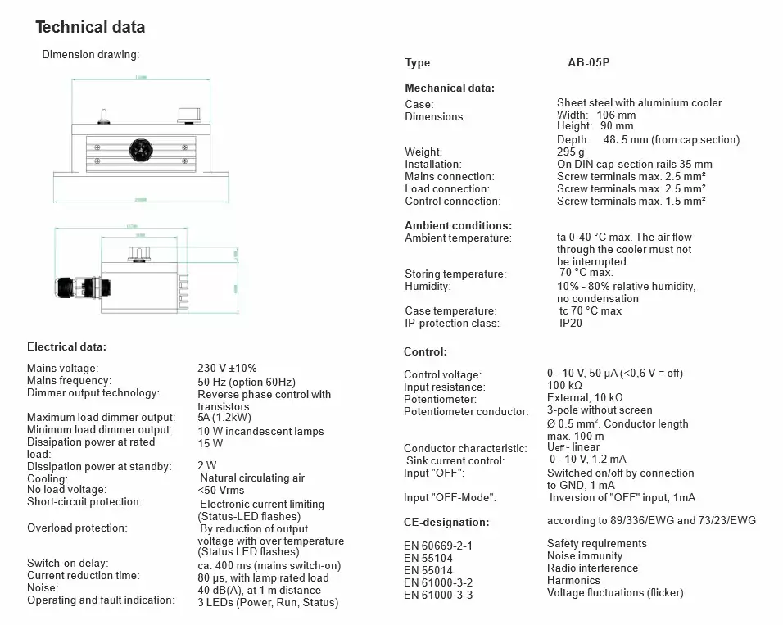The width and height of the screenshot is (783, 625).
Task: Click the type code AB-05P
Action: tap(590, 63)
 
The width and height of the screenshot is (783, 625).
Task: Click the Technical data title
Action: tap(90, 27)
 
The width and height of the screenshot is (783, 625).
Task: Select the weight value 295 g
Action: tap(570, 152)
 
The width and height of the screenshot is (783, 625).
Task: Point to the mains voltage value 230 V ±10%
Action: tap(227, 369)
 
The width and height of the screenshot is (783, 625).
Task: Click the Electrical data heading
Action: tap(66, 347)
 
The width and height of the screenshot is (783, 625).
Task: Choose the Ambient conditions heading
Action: tap(458, 225)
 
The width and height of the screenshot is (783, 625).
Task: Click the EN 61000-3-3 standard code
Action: tap(438, 595)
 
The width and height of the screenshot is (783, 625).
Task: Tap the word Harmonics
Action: tap(573, 580)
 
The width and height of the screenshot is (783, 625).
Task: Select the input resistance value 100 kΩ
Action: tap(565, 385)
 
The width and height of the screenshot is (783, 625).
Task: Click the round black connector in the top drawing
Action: tap(139, 149)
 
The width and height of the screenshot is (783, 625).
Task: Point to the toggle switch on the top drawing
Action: tap(104, 115)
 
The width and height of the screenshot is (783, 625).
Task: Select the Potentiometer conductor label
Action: tap(466, 411)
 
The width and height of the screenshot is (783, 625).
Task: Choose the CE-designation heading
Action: tap(446, 522)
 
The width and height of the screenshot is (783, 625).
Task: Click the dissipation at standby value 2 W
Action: tap(207, 466)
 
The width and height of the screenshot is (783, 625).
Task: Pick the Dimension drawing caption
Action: tap(91, 55)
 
